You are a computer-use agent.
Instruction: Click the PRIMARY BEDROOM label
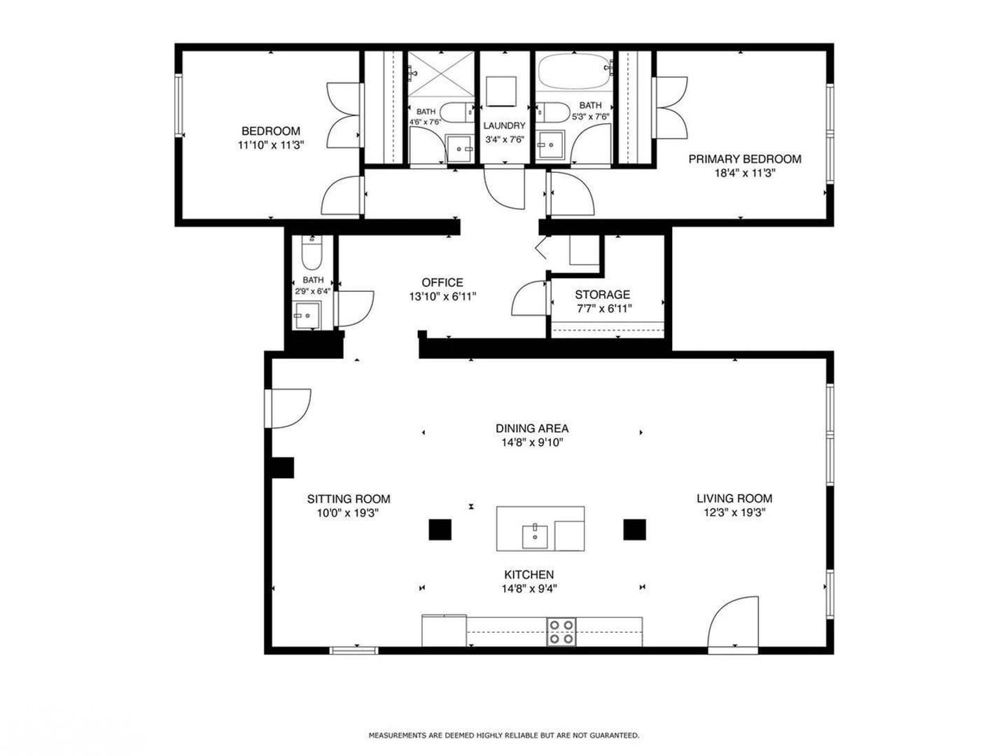coord(744,160)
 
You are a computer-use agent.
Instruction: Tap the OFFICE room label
coord(442,282)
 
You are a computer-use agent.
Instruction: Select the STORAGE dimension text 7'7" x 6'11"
coord(604,309)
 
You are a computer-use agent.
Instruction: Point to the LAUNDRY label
coord(504,126)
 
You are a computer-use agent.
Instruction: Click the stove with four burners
coord(561,632)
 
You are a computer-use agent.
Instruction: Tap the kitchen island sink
coord(535,537)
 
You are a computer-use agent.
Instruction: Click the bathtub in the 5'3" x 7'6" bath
coord(575,71)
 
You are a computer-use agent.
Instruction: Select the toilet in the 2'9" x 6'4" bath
coord(311,253)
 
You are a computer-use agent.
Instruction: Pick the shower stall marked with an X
coord(441,74)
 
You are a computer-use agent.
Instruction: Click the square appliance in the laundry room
coord(501,91)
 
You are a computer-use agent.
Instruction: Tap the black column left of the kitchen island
coord(440,529)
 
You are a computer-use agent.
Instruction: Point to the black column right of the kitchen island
coord(634,529)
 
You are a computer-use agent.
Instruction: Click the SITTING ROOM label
coord(349,499)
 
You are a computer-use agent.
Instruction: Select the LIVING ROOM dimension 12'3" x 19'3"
coord(734,512)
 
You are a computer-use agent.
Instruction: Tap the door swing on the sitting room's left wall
coord(288,409)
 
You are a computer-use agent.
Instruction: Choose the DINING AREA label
coord(532,428)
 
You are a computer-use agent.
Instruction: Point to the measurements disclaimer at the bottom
coord(504,735)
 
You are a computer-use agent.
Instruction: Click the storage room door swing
coord(530,297)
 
